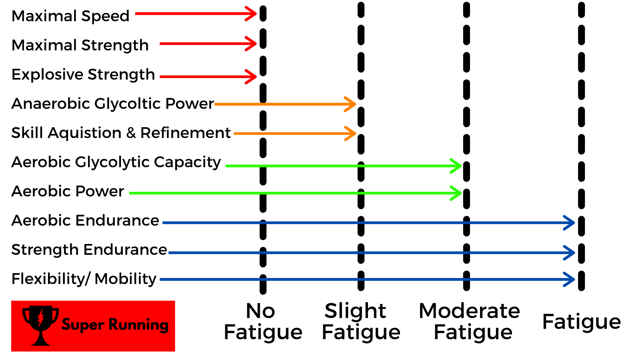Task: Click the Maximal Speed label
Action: tap(70, 16)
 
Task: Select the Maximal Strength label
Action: tap(80, 45)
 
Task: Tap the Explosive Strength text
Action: tap(83, 74)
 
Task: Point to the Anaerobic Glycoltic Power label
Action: tap(112, 104)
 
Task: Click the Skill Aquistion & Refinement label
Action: tap(121, 133)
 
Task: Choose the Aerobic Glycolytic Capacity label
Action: tap(116, 162)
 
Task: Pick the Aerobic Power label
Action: tap(68, 191)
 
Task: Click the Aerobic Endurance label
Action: tap(85, 220)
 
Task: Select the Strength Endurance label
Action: tap(89, 250)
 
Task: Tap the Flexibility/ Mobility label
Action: tap(84, 279)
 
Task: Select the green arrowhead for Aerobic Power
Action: tap(457, 193)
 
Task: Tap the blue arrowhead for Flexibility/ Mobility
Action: tap(570, 279)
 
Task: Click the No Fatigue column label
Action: tap(263, 322)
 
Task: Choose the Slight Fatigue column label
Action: tap(361, 322)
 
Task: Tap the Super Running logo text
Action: tap(115, 325)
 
